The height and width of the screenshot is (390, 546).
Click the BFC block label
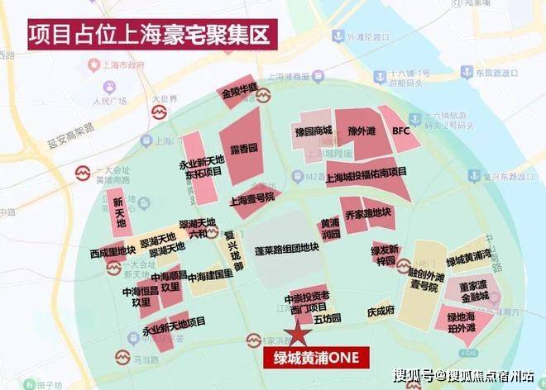401,130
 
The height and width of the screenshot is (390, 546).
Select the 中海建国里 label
208,278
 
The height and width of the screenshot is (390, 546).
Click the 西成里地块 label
113,251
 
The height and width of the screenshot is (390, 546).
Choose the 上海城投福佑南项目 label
366,173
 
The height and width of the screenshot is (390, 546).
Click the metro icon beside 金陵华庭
264,97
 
